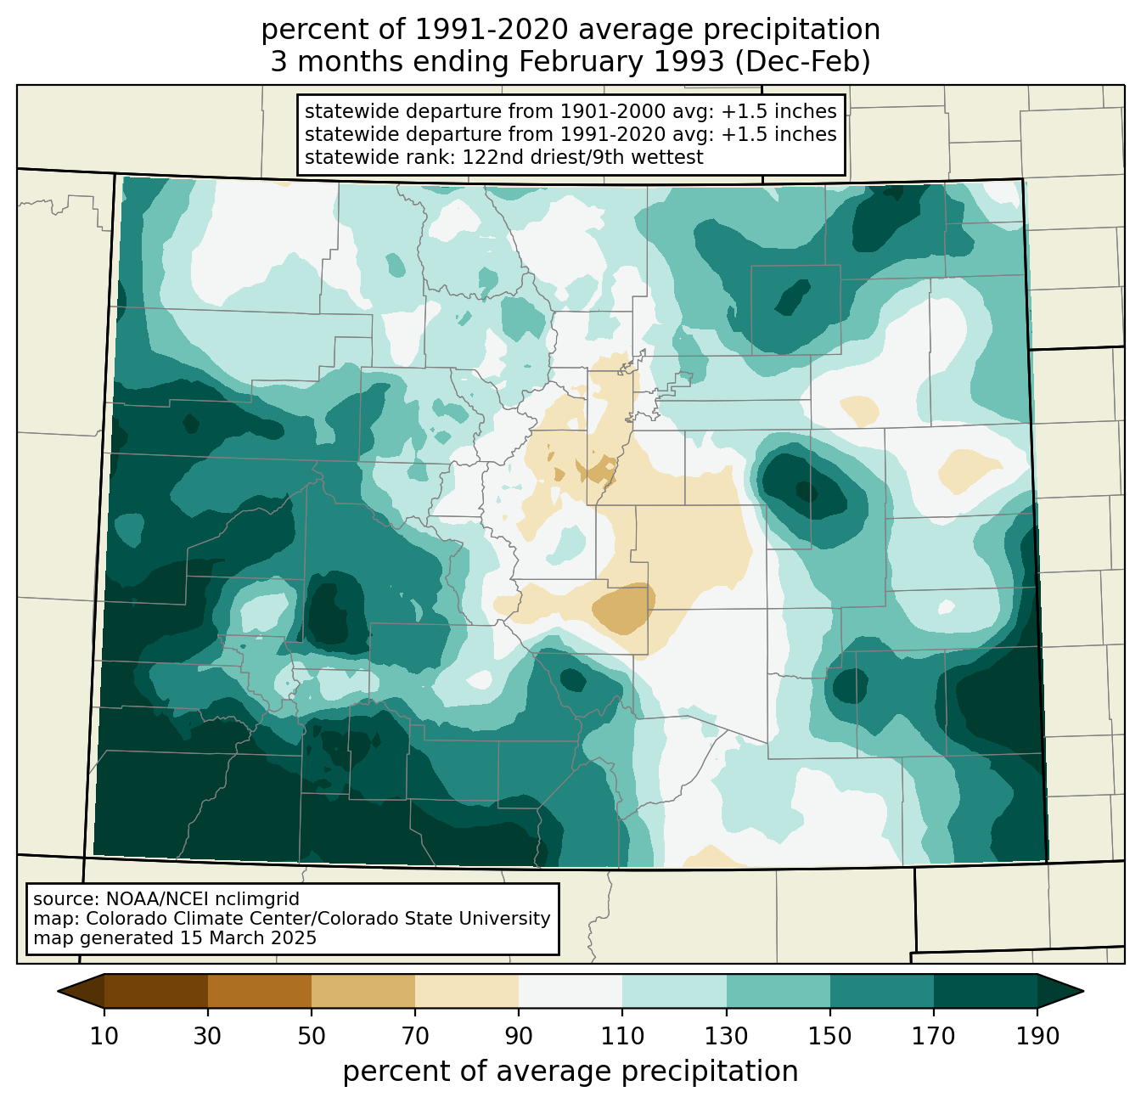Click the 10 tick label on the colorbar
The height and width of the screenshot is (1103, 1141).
point(104,1037)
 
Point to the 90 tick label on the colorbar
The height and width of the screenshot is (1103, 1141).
point(519,1037)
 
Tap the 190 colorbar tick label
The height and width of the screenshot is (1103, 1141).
point(1037,1037)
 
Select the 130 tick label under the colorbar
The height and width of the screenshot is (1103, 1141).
point(727,1037)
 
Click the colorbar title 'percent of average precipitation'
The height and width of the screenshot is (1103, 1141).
point(570,1072)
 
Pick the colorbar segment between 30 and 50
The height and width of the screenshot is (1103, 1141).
point(259,991)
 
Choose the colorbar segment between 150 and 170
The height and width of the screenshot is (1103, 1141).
point(882,991)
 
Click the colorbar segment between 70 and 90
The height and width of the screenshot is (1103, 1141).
point(467,991)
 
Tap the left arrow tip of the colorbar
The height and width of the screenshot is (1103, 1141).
point(58,991)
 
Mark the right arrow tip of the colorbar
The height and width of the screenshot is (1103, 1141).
point(1083,991)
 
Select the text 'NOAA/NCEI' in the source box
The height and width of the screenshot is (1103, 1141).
point(136,899)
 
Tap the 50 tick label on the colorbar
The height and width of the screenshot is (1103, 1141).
point(312,1037)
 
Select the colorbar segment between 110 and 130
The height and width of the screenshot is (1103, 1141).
point(674,991)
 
